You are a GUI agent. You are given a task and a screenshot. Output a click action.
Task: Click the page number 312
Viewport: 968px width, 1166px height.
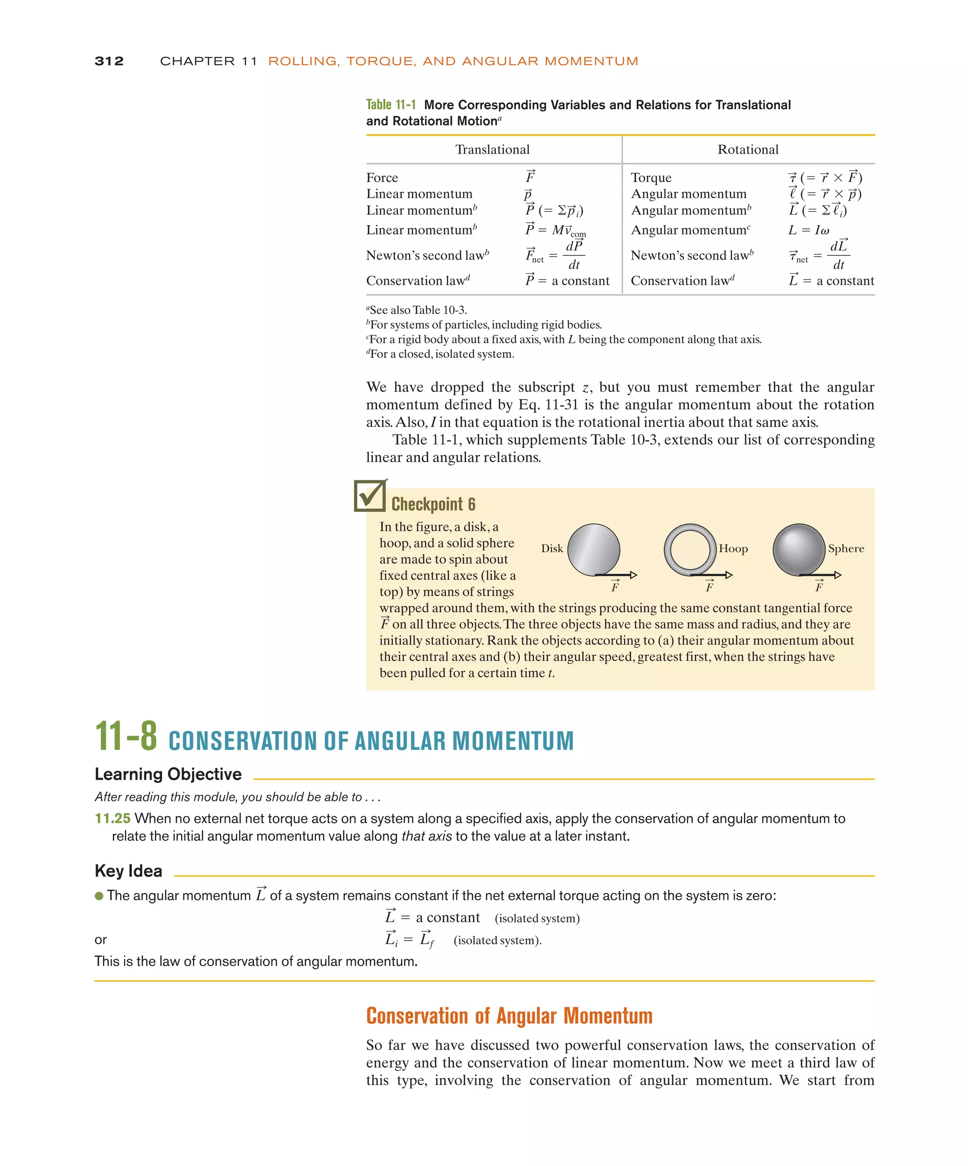point(109,61)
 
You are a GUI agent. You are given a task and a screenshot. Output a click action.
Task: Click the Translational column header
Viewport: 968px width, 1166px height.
point(493,149)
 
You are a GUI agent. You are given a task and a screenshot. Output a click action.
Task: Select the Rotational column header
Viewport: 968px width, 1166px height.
point(748,149)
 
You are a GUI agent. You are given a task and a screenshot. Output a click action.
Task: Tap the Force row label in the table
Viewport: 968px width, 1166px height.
point(382,178)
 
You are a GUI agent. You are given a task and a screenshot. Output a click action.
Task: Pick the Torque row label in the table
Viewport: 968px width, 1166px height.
point(650,178)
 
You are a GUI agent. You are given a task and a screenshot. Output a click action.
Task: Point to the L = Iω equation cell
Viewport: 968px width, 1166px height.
point(809,230)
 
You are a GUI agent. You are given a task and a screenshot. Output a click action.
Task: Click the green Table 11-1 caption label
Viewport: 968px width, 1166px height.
point(391,104)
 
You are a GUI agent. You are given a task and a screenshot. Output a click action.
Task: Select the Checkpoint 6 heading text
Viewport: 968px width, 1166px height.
point(433,504)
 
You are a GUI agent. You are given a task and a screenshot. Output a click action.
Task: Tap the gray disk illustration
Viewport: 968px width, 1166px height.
point(593,550)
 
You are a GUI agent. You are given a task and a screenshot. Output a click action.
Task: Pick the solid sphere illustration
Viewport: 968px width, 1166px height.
point(799,550)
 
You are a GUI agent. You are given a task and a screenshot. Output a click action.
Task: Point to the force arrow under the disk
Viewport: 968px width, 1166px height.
point(616,575)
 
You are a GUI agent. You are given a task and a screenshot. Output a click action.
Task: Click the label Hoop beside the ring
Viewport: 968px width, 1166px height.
point(733,548)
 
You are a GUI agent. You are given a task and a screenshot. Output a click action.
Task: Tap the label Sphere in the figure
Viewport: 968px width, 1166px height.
point(846,548)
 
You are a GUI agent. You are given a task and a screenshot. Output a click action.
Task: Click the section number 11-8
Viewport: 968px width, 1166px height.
point(126,736)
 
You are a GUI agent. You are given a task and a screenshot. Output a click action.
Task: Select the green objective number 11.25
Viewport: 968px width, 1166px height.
point(112,818)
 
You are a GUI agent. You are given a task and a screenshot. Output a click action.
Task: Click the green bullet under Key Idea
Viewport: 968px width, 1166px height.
point(99,896)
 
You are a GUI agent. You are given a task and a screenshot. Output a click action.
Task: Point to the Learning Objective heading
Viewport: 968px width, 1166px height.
point(168,774)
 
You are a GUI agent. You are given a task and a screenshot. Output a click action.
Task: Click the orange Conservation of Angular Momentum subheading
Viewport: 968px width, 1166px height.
point(509,1016)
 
